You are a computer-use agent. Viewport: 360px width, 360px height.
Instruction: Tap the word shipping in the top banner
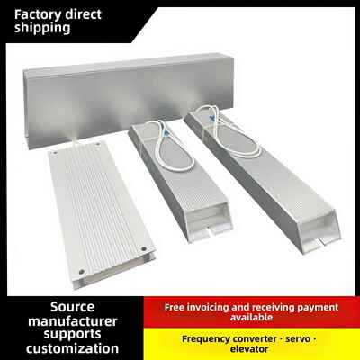(x=42, y=28)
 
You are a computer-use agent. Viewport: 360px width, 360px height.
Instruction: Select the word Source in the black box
(x=72, y=307)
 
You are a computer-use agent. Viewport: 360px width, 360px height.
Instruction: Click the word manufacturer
(x=73, y=321)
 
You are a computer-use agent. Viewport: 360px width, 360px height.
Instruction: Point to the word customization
(x=72, y=348)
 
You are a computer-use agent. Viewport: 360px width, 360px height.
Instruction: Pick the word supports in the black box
(x=72, y=335)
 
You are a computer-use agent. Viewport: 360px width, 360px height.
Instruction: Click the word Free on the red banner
(x=175, y=307)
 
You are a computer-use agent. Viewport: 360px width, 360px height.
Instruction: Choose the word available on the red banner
(x=251, y=317)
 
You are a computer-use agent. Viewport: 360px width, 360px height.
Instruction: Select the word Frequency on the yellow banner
(x=206, y=339)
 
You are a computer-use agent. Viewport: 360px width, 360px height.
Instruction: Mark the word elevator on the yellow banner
(x=249, y=349)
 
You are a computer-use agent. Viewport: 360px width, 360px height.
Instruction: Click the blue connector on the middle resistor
(x=166, y=130)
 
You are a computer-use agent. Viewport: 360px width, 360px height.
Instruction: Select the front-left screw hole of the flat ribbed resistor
(x=81, y=272)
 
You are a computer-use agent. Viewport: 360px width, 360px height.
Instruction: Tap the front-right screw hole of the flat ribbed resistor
(x=144, y=248)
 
